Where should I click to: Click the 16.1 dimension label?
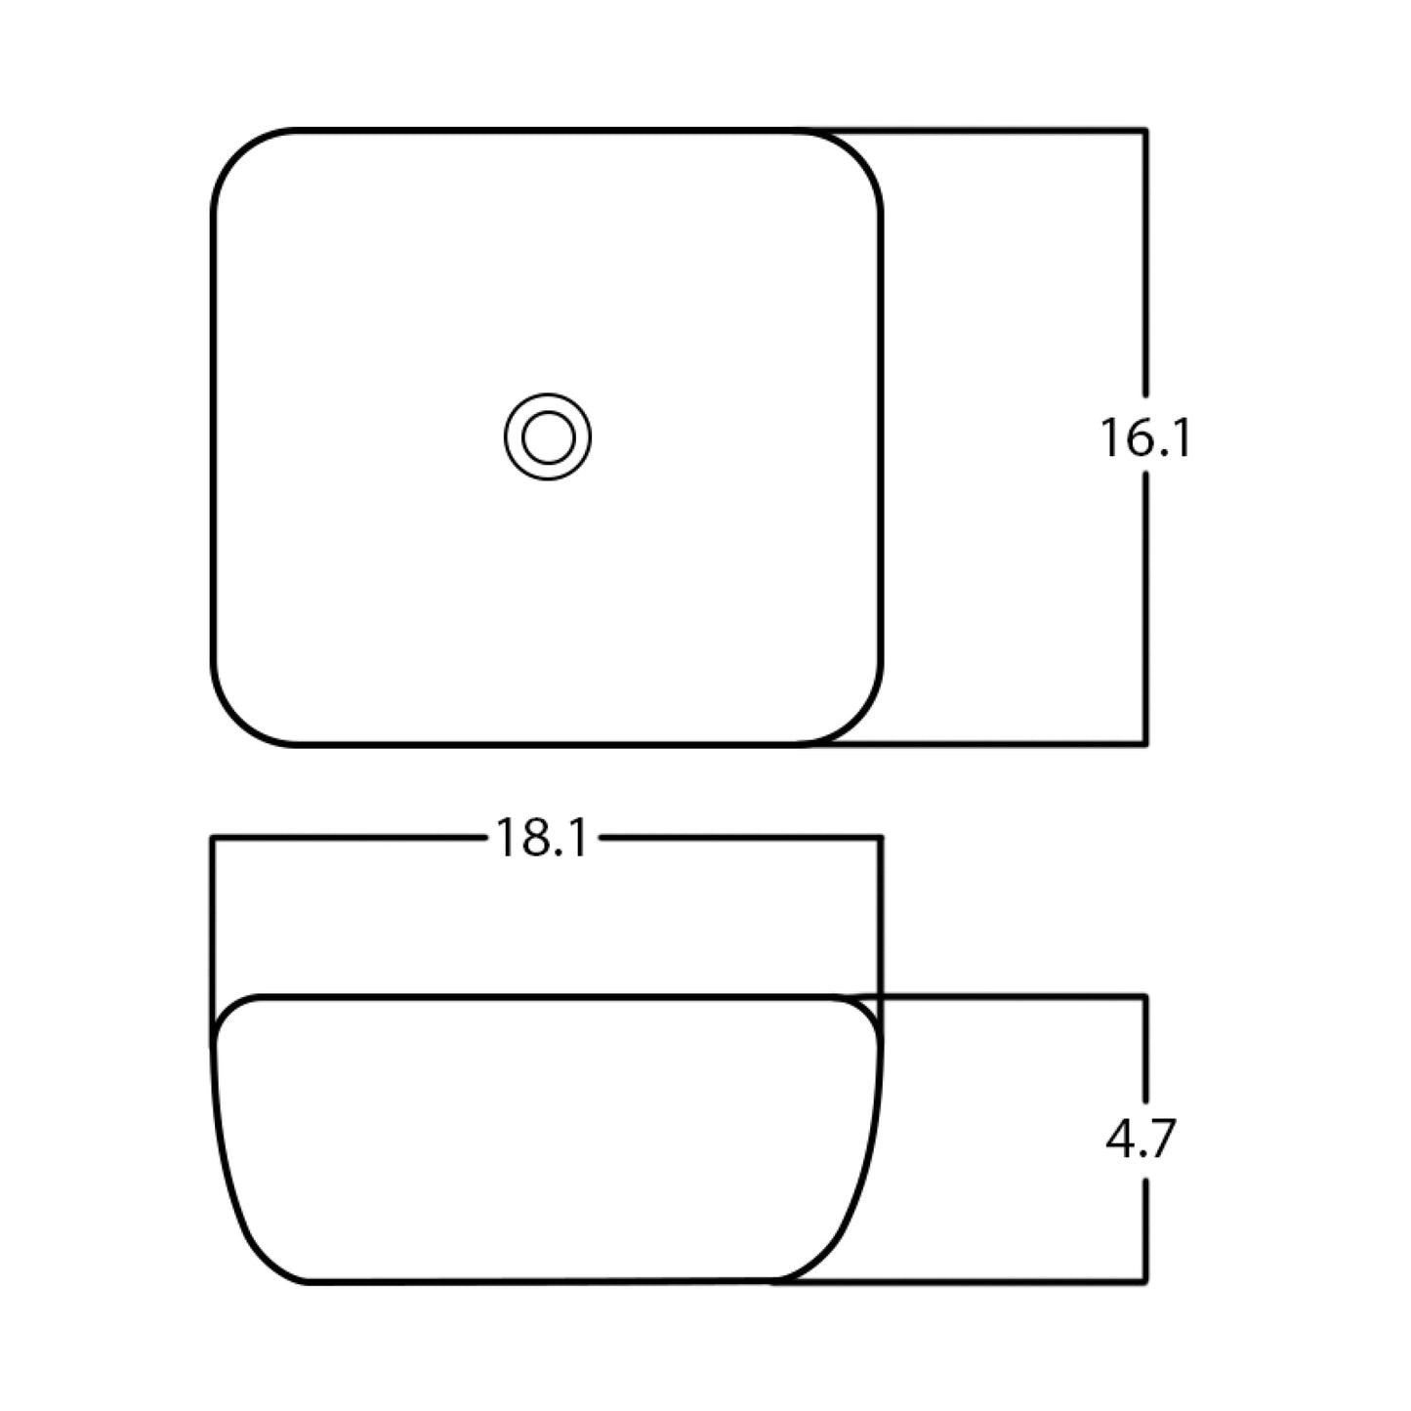(x=1144, y=437)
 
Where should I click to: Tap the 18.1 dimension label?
(x=542, y=838)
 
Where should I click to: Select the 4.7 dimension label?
(x=1141, y=1139)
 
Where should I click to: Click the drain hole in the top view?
(x=548, y=436)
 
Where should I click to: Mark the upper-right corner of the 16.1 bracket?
(x=1144, y=130)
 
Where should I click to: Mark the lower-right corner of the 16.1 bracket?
(x=1144, y=744)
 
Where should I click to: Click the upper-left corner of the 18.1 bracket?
(x=213, y=837)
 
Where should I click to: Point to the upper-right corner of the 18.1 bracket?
(x=881, y=837)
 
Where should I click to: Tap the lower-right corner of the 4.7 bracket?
(x=1144, y=1279)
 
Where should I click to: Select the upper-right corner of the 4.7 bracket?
(x=1144, y=997)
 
